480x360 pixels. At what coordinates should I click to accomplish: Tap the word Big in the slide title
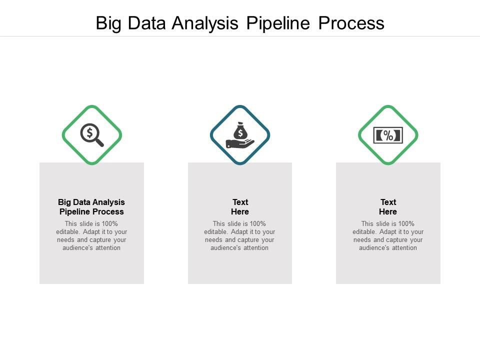point(108,23)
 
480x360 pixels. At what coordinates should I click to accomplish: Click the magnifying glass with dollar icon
point(92,135)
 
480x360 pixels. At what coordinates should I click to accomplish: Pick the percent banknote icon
point(388,135)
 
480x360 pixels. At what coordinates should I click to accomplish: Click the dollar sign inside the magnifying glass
point(89,132)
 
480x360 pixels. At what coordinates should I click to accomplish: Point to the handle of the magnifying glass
point(99,142)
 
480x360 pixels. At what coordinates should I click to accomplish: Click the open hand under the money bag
point(239,144)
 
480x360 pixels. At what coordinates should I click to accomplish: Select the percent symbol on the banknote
point(388,135)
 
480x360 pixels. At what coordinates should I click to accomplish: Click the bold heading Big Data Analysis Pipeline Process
point(91,207)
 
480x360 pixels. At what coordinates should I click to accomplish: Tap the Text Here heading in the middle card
point(240,207)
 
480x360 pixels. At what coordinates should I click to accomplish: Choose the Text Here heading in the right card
point(388,207)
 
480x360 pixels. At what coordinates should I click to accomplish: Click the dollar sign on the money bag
point(240,132)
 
